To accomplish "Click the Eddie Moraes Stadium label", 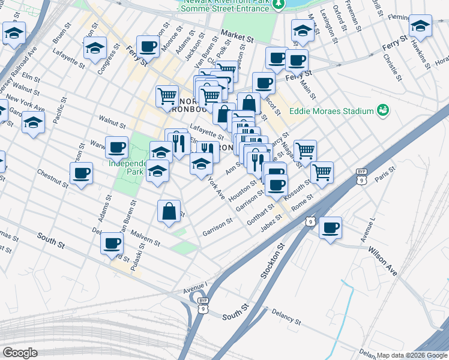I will coord(331,110).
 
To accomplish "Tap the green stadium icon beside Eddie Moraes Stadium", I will coord(382,110).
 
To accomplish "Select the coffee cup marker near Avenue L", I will coord(330,228).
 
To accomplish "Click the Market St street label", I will coord(237,37).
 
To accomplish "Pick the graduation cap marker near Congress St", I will coord(94,49).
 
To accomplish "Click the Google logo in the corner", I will coord(20,353).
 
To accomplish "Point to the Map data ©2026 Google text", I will coord(412,355).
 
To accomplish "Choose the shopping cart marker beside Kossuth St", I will coord(322,172).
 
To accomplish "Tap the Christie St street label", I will coord(391,67).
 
